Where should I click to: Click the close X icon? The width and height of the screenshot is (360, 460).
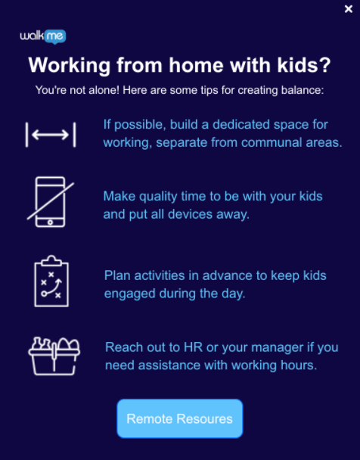coord(348,9)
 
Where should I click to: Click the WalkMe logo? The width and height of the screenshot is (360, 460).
coord(43,36)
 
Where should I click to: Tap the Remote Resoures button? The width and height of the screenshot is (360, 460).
coord(180,418)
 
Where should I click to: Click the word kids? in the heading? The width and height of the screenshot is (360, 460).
coord(304,65)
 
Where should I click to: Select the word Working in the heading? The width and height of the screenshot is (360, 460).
coord(70,66)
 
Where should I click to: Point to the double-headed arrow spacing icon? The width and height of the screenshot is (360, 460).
coord(51,135)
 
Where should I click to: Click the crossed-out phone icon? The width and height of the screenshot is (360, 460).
coord(51,202)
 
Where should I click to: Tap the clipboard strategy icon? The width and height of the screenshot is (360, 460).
coord(51,281)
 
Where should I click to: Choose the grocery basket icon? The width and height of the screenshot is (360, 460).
coord(54,356)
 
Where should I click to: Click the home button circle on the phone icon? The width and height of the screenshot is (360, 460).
coord(50,222)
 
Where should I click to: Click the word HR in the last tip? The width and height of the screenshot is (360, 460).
coord(193,347)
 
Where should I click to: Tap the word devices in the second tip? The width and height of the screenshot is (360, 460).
coord(190,214)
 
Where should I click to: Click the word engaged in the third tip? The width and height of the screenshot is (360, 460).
coord(129,294)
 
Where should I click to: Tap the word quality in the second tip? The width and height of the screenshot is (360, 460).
coord(158,197)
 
